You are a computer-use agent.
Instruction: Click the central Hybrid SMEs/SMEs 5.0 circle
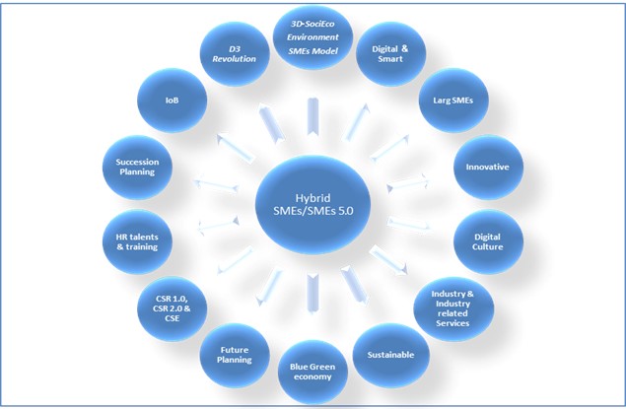313,205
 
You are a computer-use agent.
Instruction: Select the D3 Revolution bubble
235,54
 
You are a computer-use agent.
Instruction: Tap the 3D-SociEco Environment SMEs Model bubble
313,37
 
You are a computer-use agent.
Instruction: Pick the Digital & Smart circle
390,54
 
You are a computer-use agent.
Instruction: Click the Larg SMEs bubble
453,101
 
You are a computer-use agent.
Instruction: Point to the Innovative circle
488,168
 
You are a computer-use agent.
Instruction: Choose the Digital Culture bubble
488,241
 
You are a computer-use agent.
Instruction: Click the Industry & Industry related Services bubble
453,308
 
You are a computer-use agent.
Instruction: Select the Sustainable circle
390,355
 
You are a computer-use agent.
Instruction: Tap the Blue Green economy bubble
313,372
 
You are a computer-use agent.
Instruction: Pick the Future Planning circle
235,355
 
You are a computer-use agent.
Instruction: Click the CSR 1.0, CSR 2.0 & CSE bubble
173,308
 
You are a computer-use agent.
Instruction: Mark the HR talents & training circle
137,241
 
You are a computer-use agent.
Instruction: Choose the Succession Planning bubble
137,168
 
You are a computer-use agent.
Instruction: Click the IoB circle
173,101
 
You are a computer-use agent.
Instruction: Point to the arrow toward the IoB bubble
236,148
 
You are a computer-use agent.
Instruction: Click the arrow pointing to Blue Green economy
313,293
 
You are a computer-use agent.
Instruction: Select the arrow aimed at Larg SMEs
389,148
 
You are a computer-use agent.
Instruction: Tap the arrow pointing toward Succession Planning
216,186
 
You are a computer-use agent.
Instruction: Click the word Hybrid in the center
313,198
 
